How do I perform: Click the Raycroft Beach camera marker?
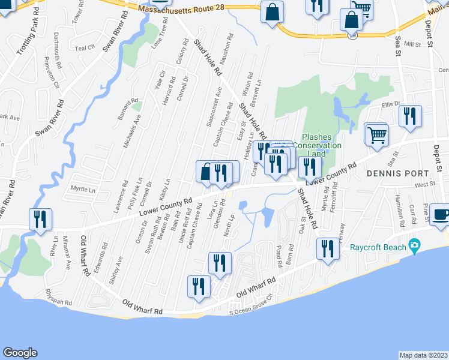pos(414,245)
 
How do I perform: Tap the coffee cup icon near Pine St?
pos(440,215)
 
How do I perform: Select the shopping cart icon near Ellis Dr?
pos(377,134)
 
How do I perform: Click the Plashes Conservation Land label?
pos(321,146)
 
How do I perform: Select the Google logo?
pos(20,352)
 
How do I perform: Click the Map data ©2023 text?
pos(423,355)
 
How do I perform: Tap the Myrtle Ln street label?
pos(83,190)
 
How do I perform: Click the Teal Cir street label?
pos(85,47)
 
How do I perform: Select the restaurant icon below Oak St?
pos(327,248)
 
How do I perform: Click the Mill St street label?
pos(412,44)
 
